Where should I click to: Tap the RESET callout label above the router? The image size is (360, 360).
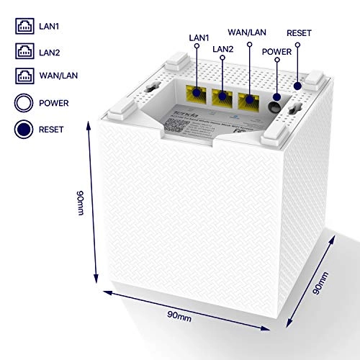(300, 32)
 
